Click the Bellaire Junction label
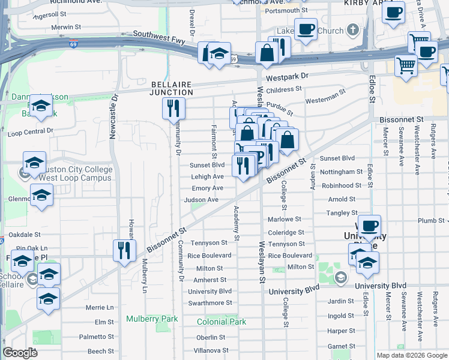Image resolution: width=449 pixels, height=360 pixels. pyautogui.click(x=172, y=88)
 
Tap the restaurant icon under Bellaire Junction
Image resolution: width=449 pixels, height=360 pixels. pyautogui.click(x=173, y=109)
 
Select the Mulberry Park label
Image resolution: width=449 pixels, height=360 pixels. pyautogui.click(x=152, y=319)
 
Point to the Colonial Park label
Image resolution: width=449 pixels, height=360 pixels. pyautogui.click(x=221, y=322)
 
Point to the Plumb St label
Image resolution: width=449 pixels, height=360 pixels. pyautogui.click(x=431, y=220)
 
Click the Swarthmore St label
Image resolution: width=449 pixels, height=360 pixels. pyautogui.click(x=210, y=303)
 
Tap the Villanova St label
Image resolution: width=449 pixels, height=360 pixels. pyautogui.click(x=208, y=350)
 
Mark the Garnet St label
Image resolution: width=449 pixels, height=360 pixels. pyautogui.click(x=341, y=346)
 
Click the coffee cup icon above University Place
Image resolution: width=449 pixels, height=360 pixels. pyautogui.click(x=369, y=226)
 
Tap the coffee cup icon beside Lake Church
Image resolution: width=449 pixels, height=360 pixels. pyautogui.click(x=306, y=29)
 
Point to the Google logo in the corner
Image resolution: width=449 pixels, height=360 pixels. pyautogui.click(x=20, y=353)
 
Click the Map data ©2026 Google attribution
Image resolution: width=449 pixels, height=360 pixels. pyautogui.click(x=412, y=355)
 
